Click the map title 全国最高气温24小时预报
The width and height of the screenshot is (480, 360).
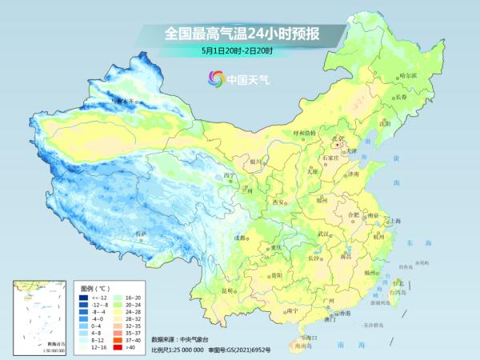tap(239, 34)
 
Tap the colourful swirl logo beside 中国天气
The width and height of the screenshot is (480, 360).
tap(215, 78)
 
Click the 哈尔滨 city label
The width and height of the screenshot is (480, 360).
tap(408, 76)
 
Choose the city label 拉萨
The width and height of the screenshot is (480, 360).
tap(141, 234)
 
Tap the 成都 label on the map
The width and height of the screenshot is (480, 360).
tap(240, 238)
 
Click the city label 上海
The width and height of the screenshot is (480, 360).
tap(394, 220)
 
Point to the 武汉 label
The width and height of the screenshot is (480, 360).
tap(323, 233)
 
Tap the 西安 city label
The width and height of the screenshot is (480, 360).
tap(279, 202)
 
